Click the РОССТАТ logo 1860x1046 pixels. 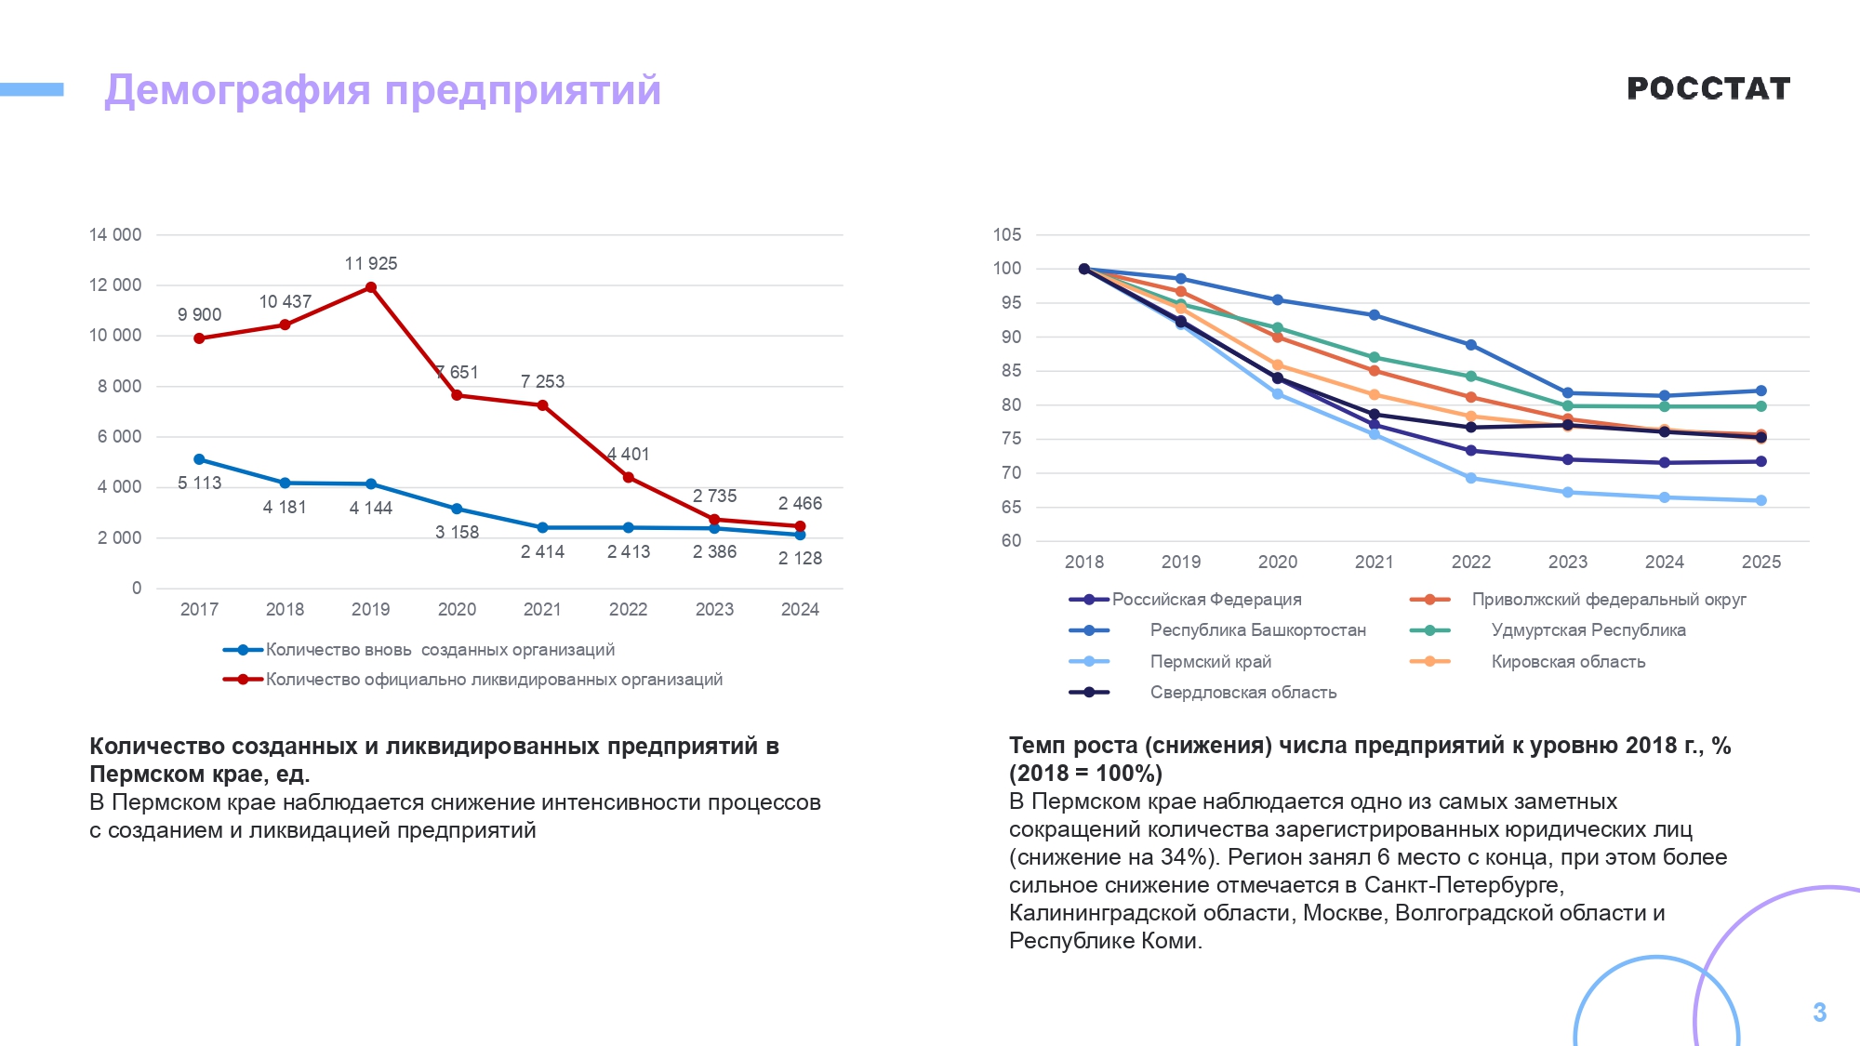pyautogui.click(x=1708, y=88)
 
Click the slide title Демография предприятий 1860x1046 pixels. pyautogui.click(x=382, y=90)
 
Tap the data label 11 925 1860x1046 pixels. pyautogui.click(x=370, y=264)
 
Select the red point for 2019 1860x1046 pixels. pyautogui.click(x=371, y=287)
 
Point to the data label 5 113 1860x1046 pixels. pyautogui.click(x=199, y=483)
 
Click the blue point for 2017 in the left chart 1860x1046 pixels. pyautogui.click(x=199, y=459)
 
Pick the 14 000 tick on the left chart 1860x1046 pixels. pyautogui.click(x=115, y=235)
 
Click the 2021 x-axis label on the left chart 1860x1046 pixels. pyautogui.click(x=542, y=610)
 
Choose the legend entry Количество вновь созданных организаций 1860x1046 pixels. pyautogui.click(x=439, y=650)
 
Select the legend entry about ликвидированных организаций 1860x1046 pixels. pyautogui.click(x=493, y=680)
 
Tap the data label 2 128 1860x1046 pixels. pyautogui.click(x=800, y=559)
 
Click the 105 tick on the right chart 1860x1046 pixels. pyautogui.click(x=1007, y=235)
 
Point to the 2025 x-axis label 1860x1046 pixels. pyautogui.click(x=1760, y=563)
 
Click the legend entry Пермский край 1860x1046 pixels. pyautogui.click(x=1210, y=662)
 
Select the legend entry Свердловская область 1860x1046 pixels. pyautogui.click(x=1242, y=693)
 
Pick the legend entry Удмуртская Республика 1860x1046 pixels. pyautogui.click(x=1588, y=630)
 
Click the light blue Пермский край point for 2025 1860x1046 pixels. pyautogui.click(x=1760, y=501)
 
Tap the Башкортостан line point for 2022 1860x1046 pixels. pyautogui.click(x=1471, y=345)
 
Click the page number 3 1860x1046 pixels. pyautogui.click(x=1819, y=1013)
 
